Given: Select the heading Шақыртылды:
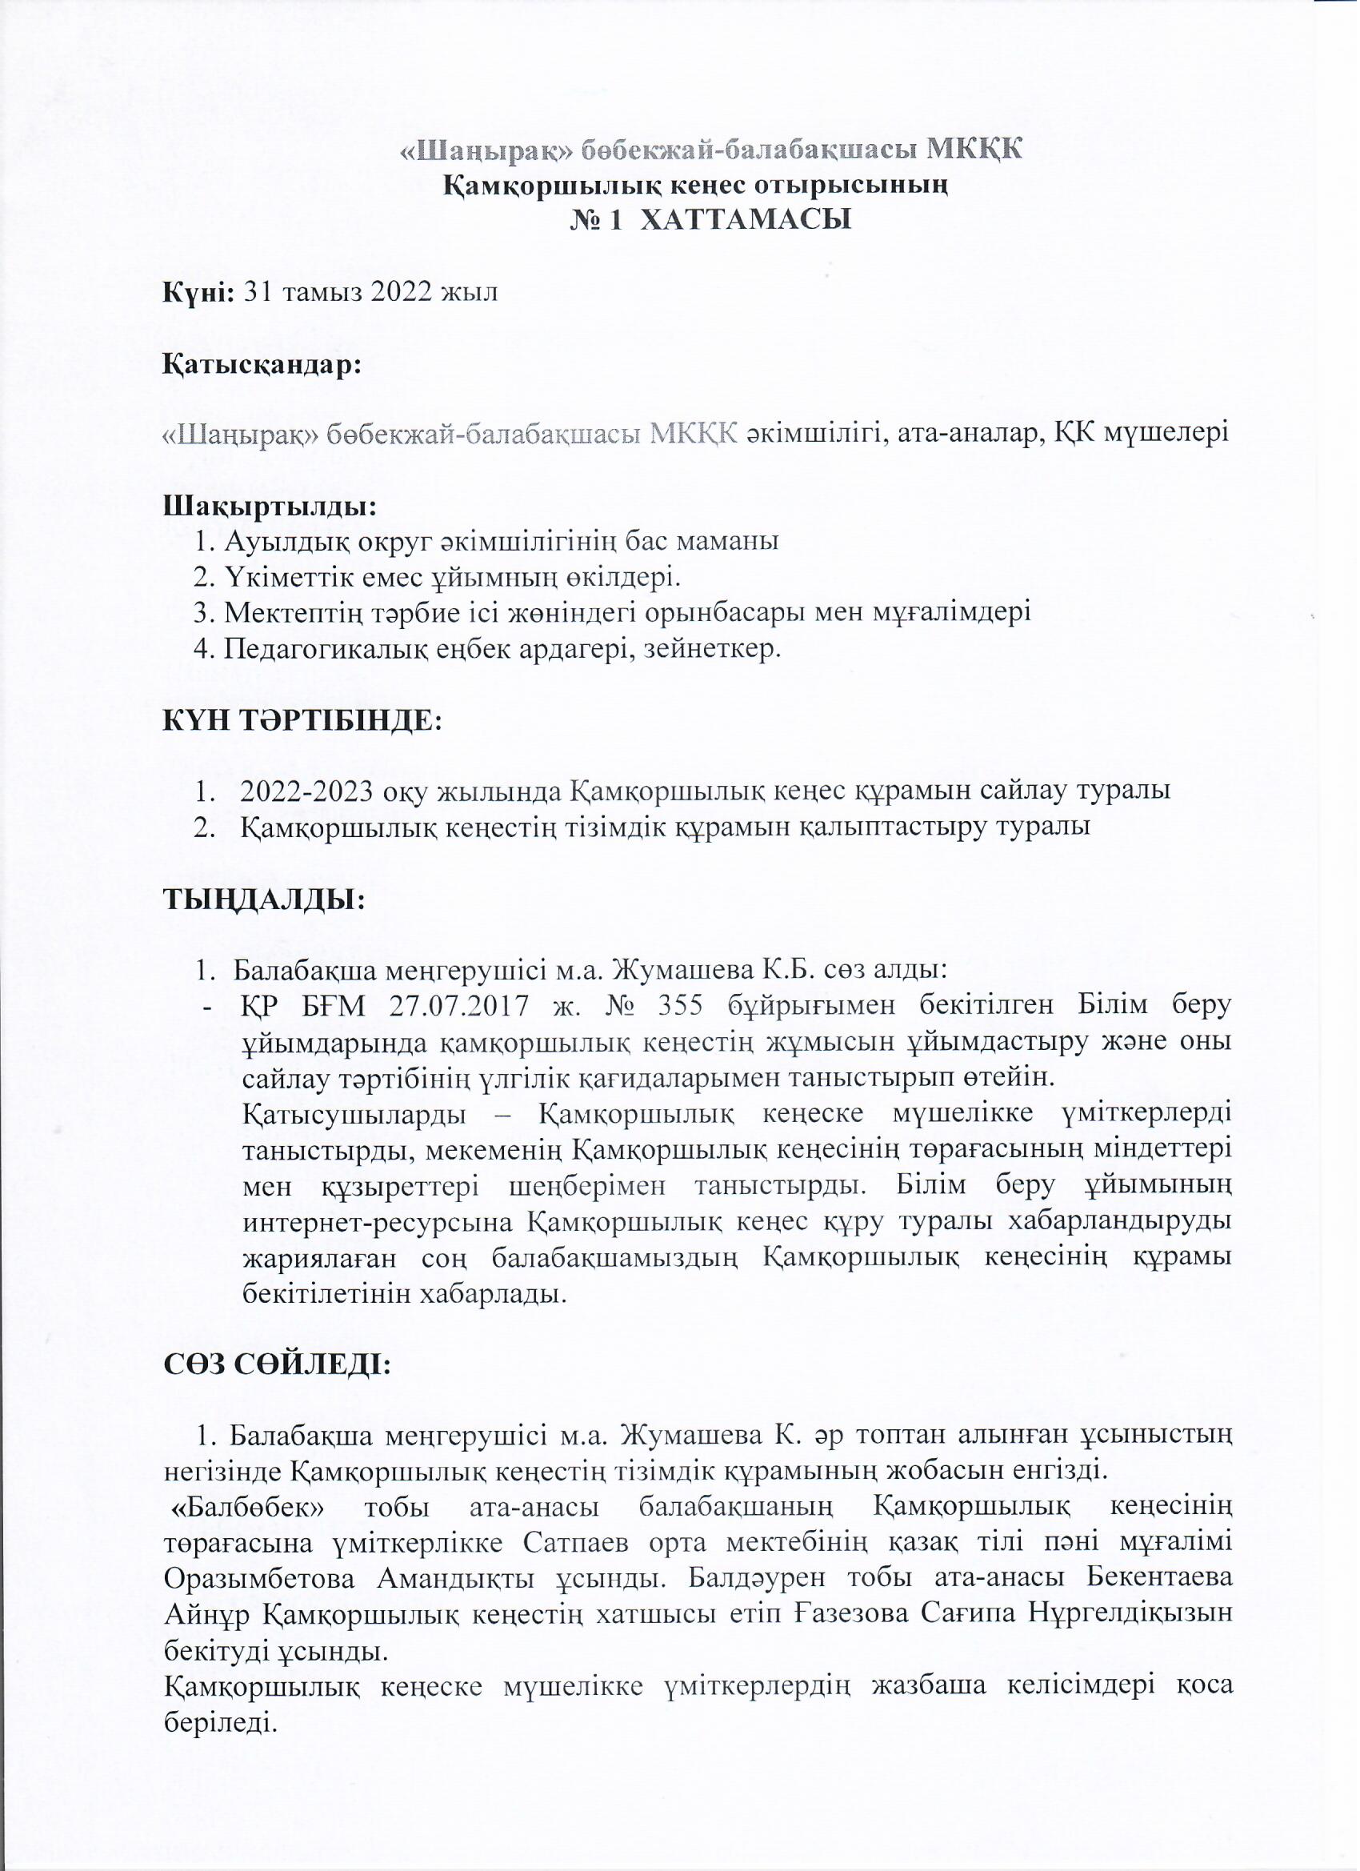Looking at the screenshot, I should click(x=270, y=503).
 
